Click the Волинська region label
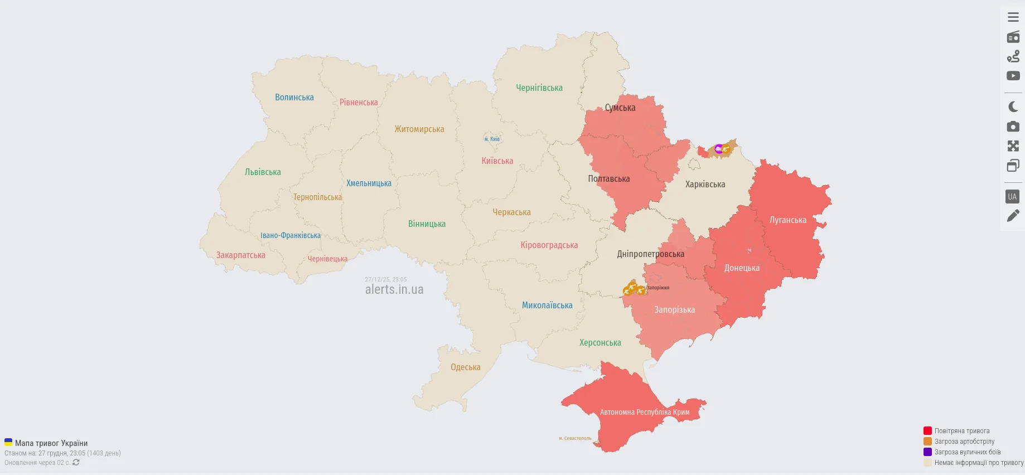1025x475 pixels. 294,98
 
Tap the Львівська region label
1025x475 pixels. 263,172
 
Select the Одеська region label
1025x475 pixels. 466,367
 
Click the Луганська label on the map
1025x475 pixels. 787,220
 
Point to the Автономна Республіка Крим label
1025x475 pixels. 645,413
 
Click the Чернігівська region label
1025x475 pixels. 539,88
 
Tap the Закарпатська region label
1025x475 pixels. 241,255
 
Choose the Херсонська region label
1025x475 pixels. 600,343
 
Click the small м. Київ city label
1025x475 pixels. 492,139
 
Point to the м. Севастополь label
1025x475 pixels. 575,438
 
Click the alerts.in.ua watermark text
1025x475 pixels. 394,290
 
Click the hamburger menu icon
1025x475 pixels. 1013,17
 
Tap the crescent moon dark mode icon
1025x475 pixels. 1013,106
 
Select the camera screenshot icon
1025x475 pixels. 1013,127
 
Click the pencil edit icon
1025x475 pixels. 1013,216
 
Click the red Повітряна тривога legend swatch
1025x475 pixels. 927,431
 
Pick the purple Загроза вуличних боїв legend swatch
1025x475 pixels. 927,452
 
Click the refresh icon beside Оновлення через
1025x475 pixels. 76,463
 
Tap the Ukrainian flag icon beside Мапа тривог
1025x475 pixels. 8,443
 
